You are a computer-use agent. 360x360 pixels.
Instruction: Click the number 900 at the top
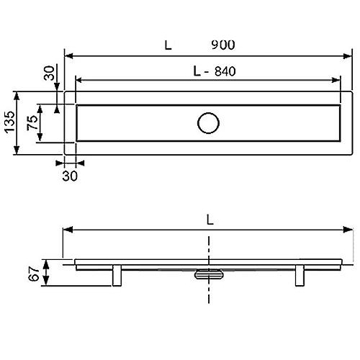(x=223, y=45)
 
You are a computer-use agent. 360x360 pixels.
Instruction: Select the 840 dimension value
(x=225, y=71)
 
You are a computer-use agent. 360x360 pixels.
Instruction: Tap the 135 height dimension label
(x=10, y=122)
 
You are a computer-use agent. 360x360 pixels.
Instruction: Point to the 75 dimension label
(x=32, y=122)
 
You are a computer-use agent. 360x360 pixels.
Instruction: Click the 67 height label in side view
(x=34, y=274)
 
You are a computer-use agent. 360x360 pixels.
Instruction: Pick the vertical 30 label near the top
(x=49, y=73)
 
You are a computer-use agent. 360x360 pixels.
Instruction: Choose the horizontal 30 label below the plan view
(x=70, y=176)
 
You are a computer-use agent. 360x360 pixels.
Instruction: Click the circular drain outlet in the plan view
(x=208, y=123)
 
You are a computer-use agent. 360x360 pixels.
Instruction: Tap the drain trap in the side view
(x=209, y=274)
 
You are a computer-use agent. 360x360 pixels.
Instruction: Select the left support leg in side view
(x=117, y=275)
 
